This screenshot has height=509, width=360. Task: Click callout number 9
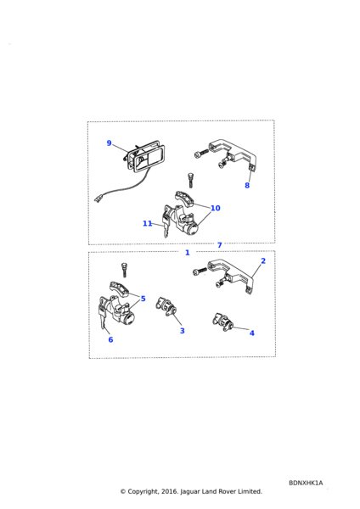pyautogui.click(x=110, y=143)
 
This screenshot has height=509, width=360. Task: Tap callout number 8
pyautogui.click(x=247, y=185)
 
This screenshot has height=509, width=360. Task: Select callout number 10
pyautogui.click(x=216, y=208)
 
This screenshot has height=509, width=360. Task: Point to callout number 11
pyautogui.click(x=147, y=223)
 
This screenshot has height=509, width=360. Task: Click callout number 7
pyautogui.click(x=220, y=245)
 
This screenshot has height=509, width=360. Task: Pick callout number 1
pyautogui.click(x=187, y=253)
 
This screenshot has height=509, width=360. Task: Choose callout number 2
pyautogui.click(x=263, y=261)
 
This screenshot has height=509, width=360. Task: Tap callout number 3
pyautogui.click(x=183, y=331)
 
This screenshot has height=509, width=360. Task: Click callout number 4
pyautogui.click(x=252, y=333)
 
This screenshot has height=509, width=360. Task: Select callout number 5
pyautogui.click(x=143, y=299)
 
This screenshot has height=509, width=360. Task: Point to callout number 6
pyautogui.click(x=110, y=339)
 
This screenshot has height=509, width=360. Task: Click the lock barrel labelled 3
pyautogui.click(x=167, y=307)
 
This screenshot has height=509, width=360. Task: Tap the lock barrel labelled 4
pyautogui.click(x=223, y=322)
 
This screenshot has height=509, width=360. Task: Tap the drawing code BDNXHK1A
pyautogui.click(x=306, y=483)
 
